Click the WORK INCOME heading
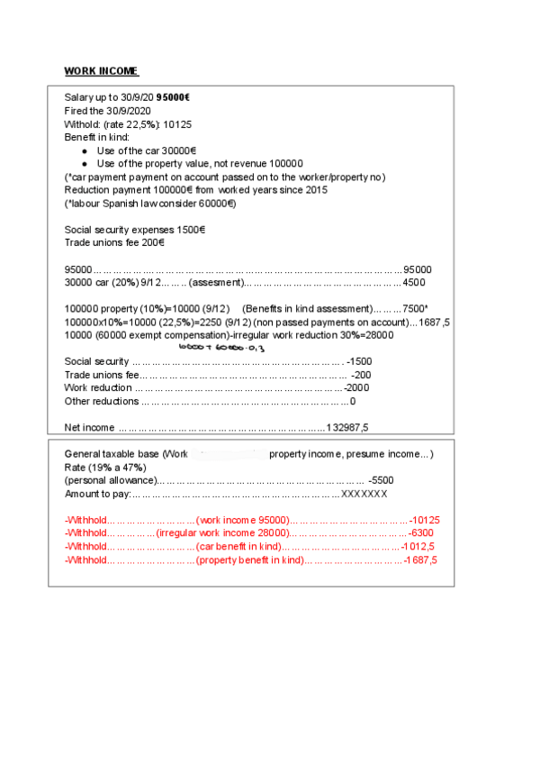(101, 71)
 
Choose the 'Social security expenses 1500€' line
(134, 230)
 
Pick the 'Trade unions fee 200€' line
(114, 242)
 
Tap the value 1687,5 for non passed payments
(434, 322)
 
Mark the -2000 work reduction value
(356, 387)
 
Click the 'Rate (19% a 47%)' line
(110, 467)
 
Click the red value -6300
(422, 533)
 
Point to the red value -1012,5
(418, 547)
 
